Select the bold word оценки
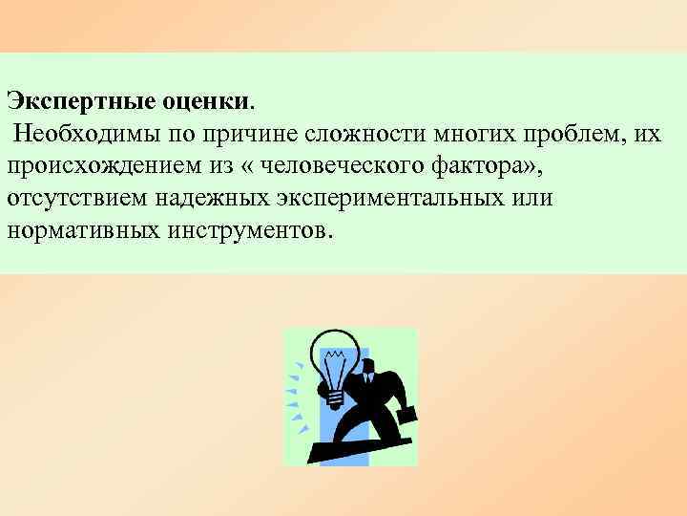coord(201,98)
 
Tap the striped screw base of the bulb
coord(336,392)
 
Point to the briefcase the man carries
coord(406,414)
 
